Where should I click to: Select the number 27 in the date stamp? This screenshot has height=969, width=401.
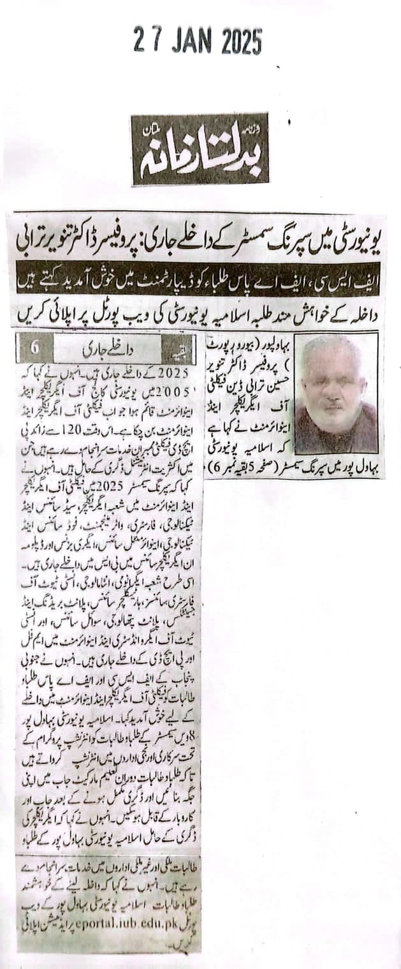point(146,43)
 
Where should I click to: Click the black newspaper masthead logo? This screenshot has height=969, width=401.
point(200,149)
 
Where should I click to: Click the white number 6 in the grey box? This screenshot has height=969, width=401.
point(34,348)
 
